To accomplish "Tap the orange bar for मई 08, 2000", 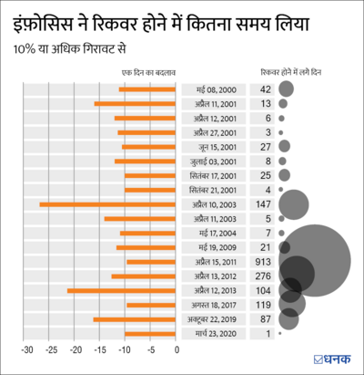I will [x=148, y=89].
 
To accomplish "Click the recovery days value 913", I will [x=266, y=262].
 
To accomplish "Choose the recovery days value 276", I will [x=266, y=276].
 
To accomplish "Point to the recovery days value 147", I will [x=266, y=204].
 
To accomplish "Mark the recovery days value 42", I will [x=266, y=89].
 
